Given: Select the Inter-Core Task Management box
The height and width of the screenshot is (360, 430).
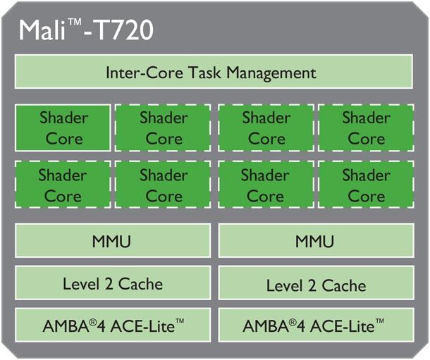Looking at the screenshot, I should click(x=213, y=73).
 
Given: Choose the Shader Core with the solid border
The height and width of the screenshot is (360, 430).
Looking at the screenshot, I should click(x=63, y=128).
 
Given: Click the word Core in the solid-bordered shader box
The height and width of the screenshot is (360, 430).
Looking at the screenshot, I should click(x=63, y=138).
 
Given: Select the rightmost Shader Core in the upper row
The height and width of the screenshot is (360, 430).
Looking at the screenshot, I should click(x=365, y=128).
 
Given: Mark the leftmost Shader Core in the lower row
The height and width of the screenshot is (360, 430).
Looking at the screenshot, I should click(x=63, y=185).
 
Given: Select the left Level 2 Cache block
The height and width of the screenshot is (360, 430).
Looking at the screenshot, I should click(x=112, y=284).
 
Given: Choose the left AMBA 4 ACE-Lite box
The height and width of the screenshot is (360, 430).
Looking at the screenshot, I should click(x=112, y=325).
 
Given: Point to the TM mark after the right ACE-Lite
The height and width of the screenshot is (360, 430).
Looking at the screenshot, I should click(x=379, y=321).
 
